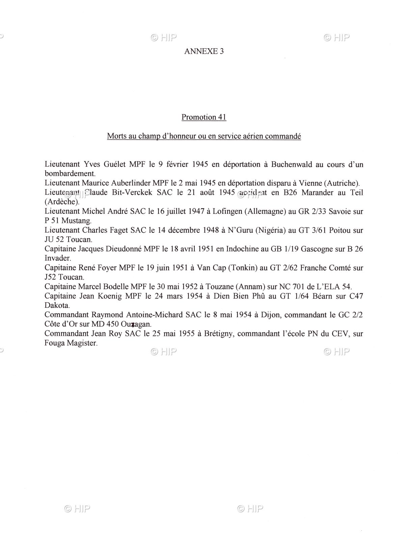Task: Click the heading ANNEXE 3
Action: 204,51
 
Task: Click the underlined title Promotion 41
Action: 204,117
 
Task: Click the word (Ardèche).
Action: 62,202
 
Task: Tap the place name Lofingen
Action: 227,211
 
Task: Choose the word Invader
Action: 58,258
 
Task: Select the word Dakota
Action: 57,306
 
